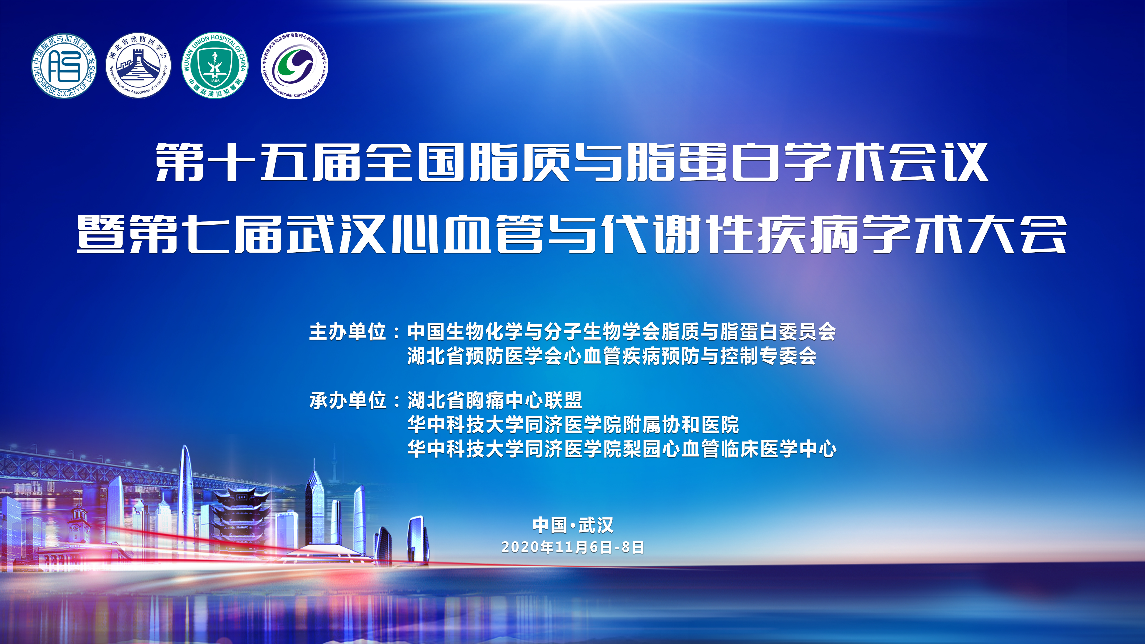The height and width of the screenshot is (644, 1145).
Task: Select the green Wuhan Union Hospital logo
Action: click(215, 66)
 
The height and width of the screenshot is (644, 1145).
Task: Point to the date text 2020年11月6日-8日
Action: click(573, 547)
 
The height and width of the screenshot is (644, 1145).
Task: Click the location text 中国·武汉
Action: click(573, 525)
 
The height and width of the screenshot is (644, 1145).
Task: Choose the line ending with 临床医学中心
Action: click(622, 449)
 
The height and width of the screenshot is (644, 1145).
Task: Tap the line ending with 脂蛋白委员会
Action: click(622, 332)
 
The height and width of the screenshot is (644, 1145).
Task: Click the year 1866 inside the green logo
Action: click(215, 81)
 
